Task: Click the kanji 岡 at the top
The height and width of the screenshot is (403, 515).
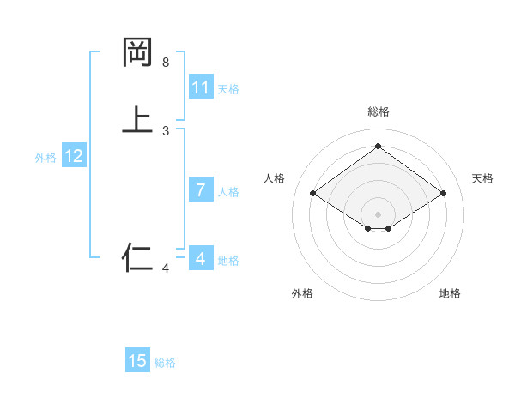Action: tap(137, 53)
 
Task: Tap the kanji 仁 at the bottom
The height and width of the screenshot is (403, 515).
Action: tap(137, 256)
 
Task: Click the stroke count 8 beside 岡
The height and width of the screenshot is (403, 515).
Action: tap(166, 63)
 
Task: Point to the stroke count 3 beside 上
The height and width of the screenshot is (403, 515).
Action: tap(166, 131)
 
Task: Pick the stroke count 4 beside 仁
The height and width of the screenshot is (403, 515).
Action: tap(166, 268)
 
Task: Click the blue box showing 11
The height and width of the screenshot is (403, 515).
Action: tap(201, 87)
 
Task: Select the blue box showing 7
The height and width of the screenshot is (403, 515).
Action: tap(201, 190)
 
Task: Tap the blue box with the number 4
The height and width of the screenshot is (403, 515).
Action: tap(201, 258)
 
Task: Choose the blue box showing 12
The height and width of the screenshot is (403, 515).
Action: tap(74, 156)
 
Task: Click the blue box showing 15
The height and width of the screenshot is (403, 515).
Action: tap(137, 361)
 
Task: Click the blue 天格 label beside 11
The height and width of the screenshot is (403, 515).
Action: tap(228, 89)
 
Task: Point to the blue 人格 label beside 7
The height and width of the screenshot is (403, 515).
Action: tap(228, 192)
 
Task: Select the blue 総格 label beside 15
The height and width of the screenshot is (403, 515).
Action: tap(165, 363)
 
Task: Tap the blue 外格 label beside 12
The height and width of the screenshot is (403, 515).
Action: tap(45, 158)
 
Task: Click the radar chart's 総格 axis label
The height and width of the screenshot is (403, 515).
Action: tap(378, 111)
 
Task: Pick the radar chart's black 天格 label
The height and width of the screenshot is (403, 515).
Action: tap(482, 178)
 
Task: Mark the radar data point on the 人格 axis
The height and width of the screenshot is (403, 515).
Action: tap(313, 194)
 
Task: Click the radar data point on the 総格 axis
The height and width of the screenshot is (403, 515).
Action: tap(378, 146)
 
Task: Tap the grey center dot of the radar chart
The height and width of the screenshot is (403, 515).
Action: tap(378, 214)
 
